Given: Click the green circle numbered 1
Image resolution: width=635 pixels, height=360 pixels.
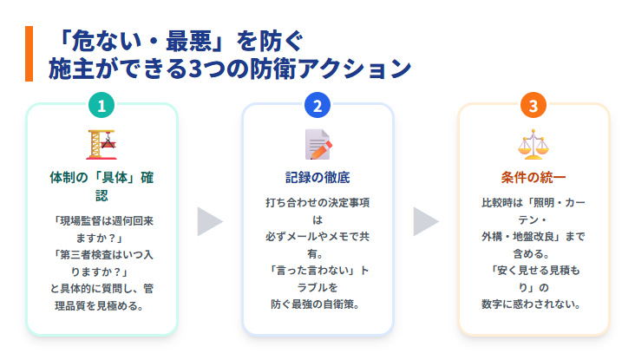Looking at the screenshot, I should [x=101, y=106].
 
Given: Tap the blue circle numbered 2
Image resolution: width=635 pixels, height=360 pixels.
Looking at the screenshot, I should [x=317, y=106].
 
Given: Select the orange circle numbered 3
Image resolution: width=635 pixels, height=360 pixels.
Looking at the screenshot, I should [x=534, y=106].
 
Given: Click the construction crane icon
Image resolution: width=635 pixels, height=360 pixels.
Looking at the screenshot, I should [x=101, y=144].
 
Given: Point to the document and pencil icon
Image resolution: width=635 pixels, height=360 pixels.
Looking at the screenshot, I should [x=317, y=144].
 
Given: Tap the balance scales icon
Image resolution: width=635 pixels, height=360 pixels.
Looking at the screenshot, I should [x=534, y=144].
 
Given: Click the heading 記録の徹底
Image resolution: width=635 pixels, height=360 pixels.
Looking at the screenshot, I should [x=317, y=178].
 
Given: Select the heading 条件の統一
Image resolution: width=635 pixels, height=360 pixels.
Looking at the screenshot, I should [x=534, y=178].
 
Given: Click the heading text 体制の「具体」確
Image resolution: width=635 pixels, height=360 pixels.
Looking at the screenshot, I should [x=101, y=178].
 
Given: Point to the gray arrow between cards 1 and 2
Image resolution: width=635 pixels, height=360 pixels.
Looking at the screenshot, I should [x=210, y=221].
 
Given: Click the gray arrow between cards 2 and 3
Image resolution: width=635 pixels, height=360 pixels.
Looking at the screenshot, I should [x=425, y=221].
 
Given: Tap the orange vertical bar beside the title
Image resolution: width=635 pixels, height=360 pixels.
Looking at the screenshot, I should [x=29, y=54].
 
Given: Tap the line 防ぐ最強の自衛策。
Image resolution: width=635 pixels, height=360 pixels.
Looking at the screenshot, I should [x=317, y=303].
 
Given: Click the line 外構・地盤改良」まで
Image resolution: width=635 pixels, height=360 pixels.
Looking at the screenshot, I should [x=534, y=236].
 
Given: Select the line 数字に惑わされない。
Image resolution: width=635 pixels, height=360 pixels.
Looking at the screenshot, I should [x=534, y=304].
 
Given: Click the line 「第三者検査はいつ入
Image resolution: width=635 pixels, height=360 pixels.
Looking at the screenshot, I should [x=101, y=254].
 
